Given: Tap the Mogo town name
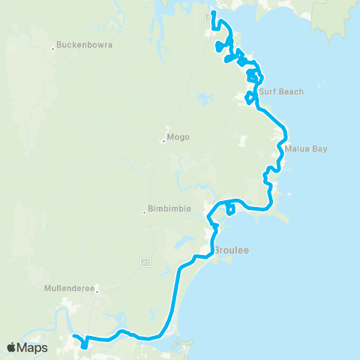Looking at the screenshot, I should (x=178, y=137).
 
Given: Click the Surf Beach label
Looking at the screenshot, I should (x=281, y=92).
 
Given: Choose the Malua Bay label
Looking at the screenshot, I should (x=306, y=148).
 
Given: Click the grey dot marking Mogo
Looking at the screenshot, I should (x=163, y=141).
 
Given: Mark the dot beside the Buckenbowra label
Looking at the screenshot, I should (x=53, y=49).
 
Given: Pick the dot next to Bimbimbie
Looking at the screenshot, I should (x=144, y=212).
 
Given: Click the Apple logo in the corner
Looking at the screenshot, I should (x=11, y=347).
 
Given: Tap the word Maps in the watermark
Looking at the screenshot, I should (x=32, y=347).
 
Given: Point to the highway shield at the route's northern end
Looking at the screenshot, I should (x=208, y=16).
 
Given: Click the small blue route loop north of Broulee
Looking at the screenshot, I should (x=229, y=208).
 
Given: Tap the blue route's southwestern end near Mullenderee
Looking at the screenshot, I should (x=73, y=337).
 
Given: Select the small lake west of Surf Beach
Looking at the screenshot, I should (x=204, y=98).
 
